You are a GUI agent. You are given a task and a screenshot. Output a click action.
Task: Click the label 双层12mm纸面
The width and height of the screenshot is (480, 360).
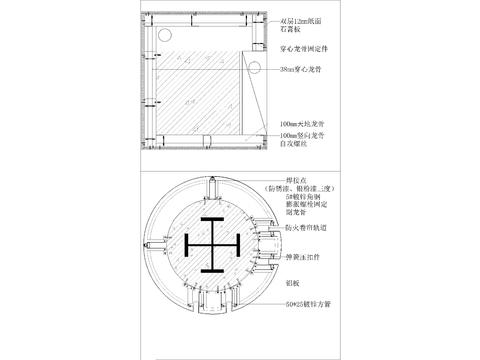[303, 21]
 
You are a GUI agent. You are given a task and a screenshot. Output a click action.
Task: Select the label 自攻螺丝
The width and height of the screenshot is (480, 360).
[296, 143]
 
